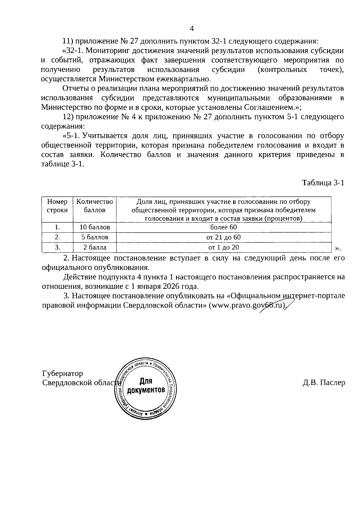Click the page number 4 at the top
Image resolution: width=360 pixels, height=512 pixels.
pos(192,29)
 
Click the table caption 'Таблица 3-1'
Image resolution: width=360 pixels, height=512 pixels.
pos(323,183)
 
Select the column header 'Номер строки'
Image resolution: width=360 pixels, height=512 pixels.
pos(57,206)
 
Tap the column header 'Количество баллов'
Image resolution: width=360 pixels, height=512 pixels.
pos(94,206)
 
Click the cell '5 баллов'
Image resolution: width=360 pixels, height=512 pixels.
pos(94,237)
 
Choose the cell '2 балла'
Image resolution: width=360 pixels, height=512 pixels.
pos(94,248)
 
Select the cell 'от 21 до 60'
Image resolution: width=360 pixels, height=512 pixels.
pos(223,237)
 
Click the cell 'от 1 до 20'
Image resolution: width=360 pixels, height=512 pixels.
pos(223,248)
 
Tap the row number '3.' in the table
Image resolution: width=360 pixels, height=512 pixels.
pos(57,248)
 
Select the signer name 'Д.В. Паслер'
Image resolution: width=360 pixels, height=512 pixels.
pos(324,383)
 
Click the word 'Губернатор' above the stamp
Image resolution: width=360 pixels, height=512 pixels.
pos(62,374)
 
